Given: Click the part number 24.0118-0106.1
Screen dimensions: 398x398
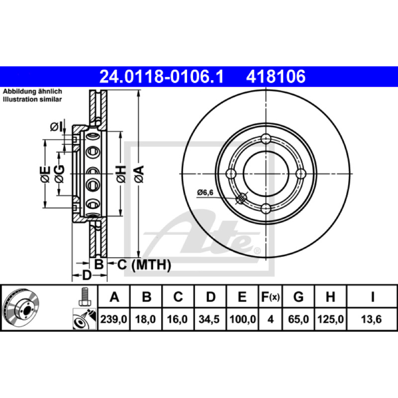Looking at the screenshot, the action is pyautogui.click(x=161, y=77).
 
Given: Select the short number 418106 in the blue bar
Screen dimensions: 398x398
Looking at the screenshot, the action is pyautogui.click(x=276, y=77).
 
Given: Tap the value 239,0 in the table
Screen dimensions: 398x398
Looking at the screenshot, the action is pyautogui.click(x=113, y=319).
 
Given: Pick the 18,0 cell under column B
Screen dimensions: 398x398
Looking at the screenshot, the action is pyautogui.click(x=145, y=319).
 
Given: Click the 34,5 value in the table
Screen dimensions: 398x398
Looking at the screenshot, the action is pyautogui.click(x=209, y=319).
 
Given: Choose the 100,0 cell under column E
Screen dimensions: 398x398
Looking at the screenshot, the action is pyautogui.click(x=242, y=319).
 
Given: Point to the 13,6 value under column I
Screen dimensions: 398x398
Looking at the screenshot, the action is pyautogui.click(x=371, y=319).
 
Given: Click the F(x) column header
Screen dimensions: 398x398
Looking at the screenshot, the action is pyautogui.click(x=270, y=297).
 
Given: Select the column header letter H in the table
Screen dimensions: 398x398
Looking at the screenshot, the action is pyautogui.click(x=330, y=297).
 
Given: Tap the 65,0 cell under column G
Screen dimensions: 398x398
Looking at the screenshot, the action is pyautogui.click(x=298, y=319).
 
